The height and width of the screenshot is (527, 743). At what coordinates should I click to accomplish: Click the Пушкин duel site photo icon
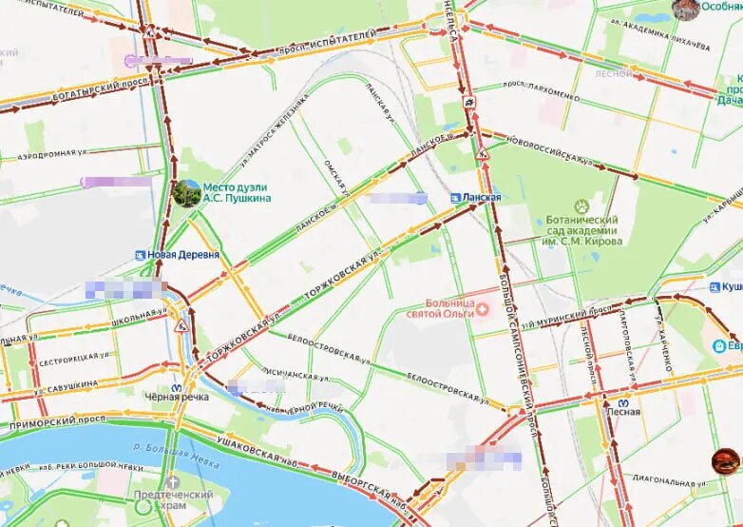point(187,193)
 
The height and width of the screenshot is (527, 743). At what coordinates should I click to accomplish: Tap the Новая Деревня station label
point(183,255)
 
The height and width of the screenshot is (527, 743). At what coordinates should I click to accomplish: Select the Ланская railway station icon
point(456,197)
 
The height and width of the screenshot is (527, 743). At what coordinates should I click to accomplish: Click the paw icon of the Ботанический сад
point(581,205)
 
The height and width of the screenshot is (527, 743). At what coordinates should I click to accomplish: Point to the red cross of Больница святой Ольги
point(482,308)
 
